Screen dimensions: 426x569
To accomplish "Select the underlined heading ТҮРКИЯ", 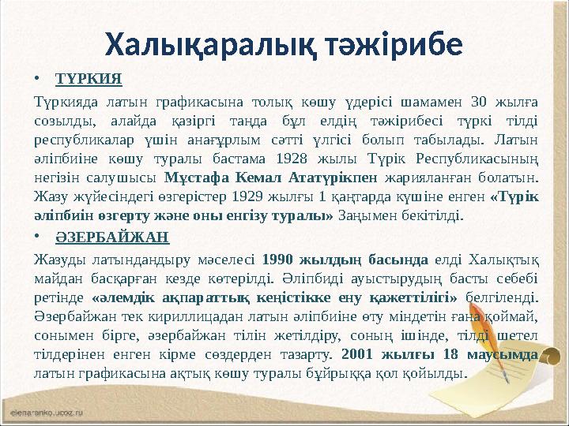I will point(89,80).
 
